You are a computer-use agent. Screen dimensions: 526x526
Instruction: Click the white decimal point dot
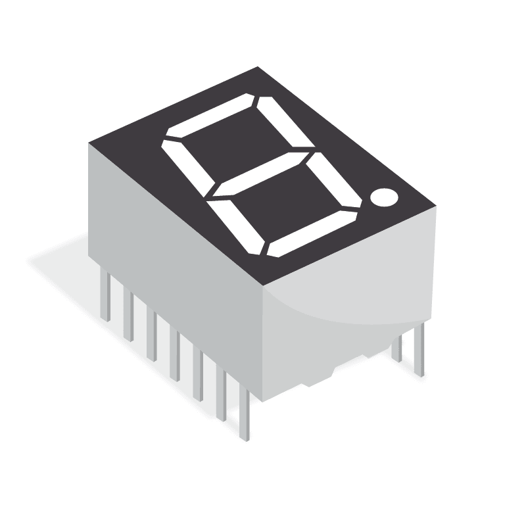384,197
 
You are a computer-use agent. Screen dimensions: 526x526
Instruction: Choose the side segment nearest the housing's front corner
236,226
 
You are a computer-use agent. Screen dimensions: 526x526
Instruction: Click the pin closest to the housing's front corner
245,414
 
